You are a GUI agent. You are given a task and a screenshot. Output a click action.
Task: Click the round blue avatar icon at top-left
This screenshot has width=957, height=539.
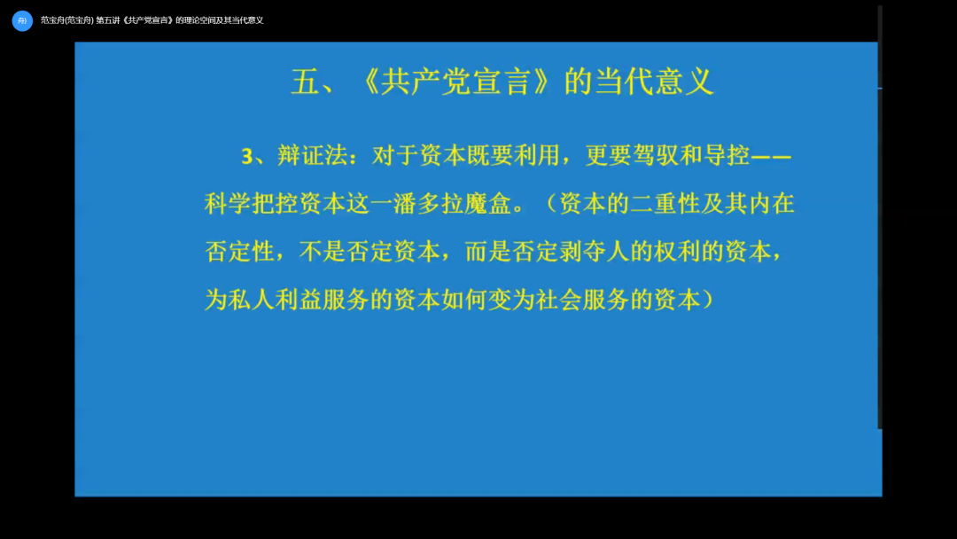point(22,20)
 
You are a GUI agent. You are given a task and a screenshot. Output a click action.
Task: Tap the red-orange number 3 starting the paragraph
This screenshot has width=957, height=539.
point(247,156)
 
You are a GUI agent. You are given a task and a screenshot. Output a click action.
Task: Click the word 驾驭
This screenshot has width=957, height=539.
point(656,156)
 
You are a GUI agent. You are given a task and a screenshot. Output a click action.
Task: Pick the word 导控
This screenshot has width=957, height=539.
point(726,156)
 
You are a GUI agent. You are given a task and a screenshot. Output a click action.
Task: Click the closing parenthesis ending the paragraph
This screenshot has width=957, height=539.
point(708,300)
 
